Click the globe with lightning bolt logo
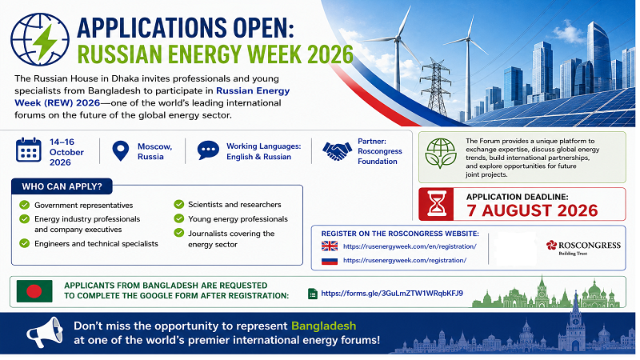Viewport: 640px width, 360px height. coord(40,39)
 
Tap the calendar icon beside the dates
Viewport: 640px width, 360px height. coord(29,150)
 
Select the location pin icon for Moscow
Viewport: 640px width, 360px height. coord(121,151)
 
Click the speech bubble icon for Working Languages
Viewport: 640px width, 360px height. coord(208,150)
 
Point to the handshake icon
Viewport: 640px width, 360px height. coord(337,151)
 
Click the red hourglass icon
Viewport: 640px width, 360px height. coord(436,204)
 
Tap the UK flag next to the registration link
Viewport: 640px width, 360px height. coord(330,246)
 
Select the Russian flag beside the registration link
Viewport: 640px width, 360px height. coord(330,261)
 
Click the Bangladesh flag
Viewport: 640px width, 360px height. coord(34,291)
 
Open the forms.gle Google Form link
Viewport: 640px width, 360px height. coord(392,293)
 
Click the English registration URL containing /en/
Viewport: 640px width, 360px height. coord(410,246)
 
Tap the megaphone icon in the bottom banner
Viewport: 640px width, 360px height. coord(45,332)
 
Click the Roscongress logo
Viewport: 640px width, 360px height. coord(583,246)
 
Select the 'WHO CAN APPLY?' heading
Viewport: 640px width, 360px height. coord(62,186)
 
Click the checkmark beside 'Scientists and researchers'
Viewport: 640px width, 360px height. coord(178,204)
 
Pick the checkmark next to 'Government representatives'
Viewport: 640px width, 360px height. coord(25,205)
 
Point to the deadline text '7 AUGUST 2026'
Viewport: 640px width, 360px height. coord(532,210)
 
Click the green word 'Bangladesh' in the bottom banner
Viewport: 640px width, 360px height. coord(324,326)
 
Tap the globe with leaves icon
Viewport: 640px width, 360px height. coord(441,154)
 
